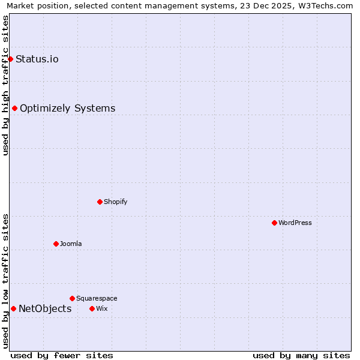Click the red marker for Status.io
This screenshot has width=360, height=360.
[10, 59]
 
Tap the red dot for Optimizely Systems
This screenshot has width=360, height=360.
[14, 108]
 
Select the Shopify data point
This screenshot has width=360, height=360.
[100, 202]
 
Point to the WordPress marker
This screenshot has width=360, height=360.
[274, 223]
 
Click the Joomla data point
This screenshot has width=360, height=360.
[56, 244]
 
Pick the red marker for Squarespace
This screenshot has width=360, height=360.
[72, 298]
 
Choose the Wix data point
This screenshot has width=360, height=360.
[92, 308]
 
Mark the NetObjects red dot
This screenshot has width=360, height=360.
[13, 308]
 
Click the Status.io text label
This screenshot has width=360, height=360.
[37, 59]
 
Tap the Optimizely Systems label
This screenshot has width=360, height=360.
[68, 109]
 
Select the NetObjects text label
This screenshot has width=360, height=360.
[45, 309]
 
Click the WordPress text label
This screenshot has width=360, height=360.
[295, 223]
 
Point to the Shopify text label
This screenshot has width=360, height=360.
[116, 202]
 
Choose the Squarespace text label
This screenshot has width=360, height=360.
[97, 298]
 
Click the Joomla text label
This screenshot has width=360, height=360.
[71, 244]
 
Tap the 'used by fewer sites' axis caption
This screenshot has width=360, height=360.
[62, 355]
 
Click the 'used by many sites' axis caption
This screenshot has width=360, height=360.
[301, 355]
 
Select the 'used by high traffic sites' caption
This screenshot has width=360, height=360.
[6, 85]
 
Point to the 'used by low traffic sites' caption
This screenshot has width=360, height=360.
[6, 280]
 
